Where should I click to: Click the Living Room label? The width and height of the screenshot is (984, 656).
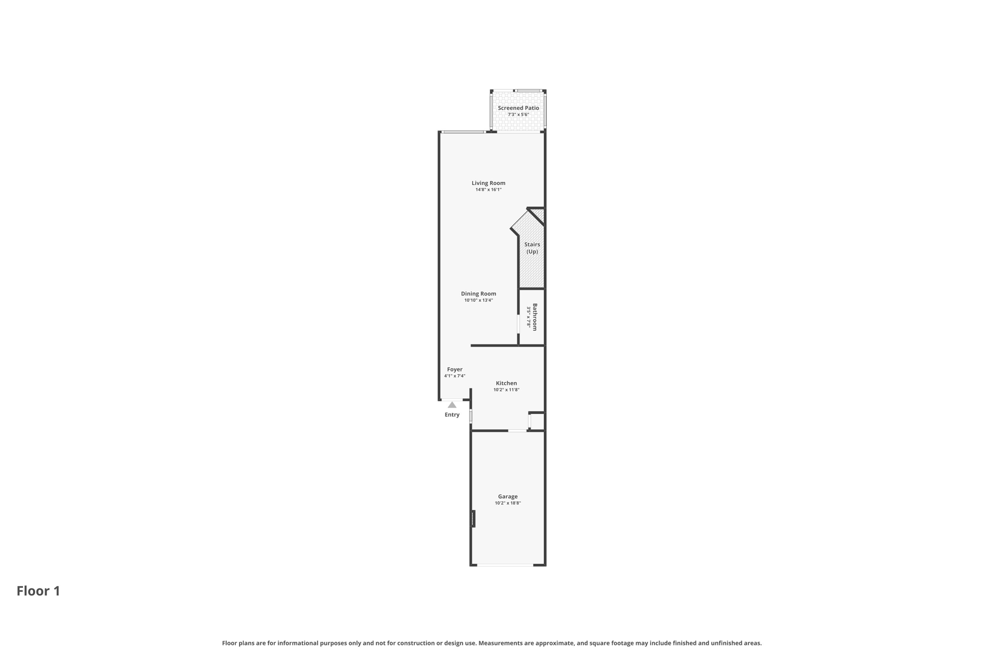pos(488,183)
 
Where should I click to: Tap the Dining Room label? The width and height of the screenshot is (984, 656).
pos(479,294)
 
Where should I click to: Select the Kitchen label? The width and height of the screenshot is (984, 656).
pos(506,384)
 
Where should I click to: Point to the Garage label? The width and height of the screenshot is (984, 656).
pos(508,496)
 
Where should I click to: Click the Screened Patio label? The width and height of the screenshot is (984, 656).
pos(518,108)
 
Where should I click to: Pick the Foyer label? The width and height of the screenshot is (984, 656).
pos(455,370)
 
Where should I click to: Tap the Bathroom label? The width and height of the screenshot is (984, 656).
pos(535,317)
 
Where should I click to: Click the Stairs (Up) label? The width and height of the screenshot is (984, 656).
pos(532,248)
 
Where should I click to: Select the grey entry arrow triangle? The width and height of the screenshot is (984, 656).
pos(452,405)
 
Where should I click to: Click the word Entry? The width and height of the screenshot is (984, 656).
pos(452,415)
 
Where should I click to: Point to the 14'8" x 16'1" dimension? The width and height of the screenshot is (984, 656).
pos(488,190)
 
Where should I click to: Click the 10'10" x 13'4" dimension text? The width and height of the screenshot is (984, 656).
pos(479,300)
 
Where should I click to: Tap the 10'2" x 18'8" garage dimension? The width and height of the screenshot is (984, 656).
pos(508,503)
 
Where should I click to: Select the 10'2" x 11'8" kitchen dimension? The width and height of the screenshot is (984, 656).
pos(506,390)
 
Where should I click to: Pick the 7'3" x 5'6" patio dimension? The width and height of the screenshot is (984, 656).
pos(518,114)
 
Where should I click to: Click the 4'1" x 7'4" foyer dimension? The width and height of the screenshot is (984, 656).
pos(455,376)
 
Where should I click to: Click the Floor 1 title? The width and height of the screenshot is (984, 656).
pos(38,591)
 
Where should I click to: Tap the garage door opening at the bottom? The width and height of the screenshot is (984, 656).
pos(505,565)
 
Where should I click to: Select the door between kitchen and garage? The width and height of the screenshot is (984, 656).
pos(517,431)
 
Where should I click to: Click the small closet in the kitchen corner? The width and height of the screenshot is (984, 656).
pos(537,421)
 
